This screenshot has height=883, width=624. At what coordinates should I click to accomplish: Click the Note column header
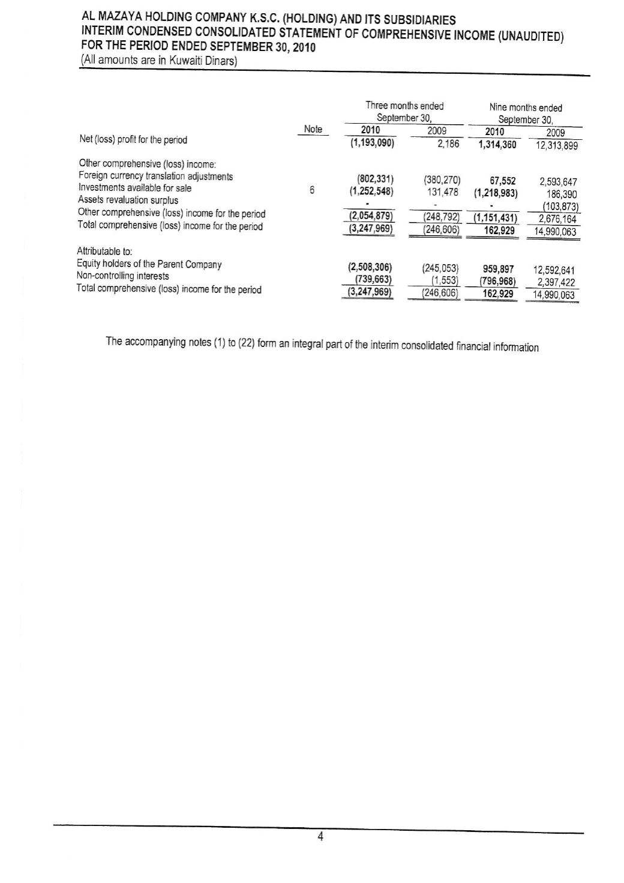coord(313,129)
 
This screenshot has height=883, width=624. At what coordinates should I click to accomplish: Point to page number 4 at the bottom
coord(321,837)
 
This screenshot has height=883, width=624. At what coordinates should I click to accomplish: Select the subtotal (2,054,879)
coord(371,216)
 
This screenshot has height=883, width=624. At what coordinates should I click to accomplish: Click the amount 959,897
coord(498,270)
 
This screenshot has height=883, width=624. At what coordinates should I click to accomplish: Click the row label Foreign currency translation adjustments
coord(156,176)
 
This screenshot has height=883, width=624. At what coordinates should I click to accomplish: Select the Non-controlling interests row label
coord(123,277)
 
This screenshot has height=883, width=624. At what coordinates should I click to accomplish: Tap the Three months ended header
coord(404,106)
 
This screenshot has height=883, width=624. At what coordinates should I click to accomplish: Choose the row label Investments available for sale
coord(135,188)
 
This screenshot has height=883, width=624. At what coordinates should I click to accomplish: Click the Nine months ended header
coord(526,108)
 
